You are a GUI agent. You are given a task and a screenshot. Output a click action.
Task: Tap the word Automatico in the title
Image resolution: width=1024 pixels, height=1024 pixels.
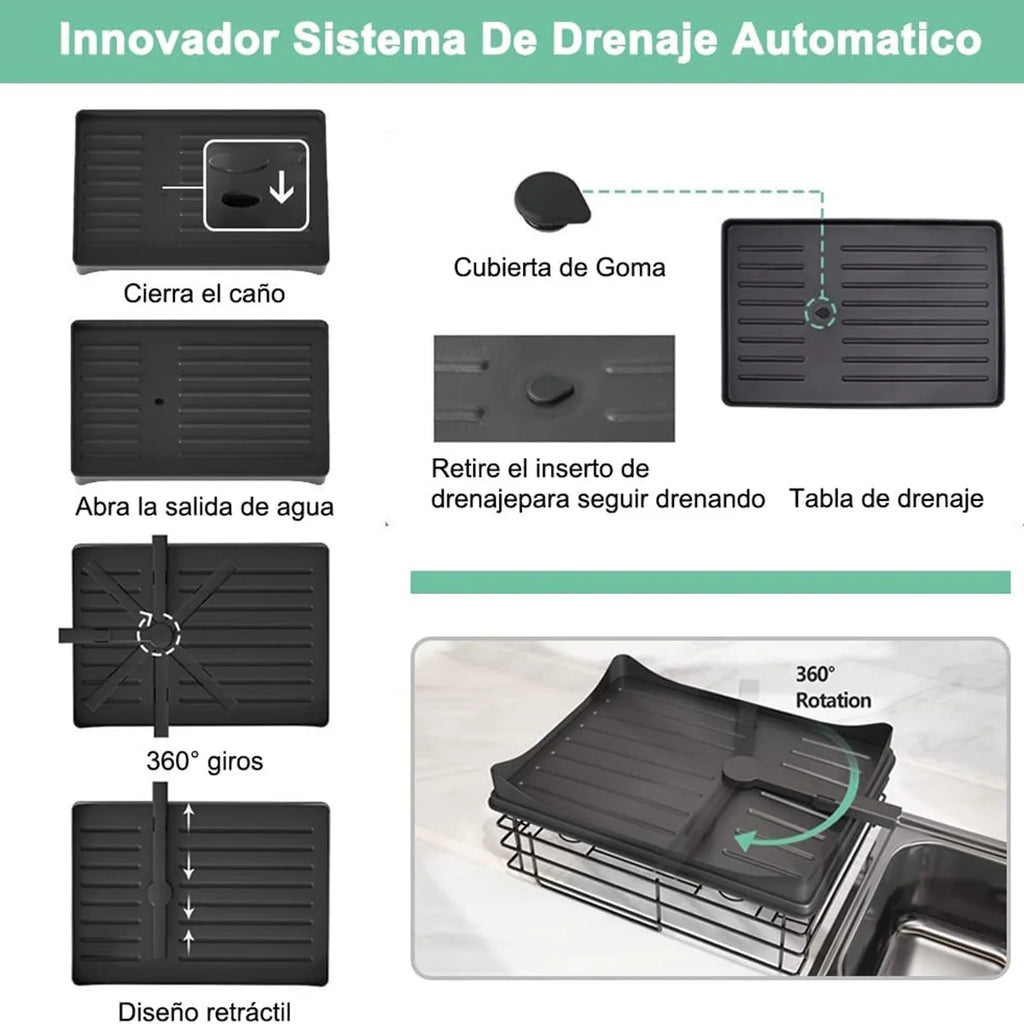coord(856,40)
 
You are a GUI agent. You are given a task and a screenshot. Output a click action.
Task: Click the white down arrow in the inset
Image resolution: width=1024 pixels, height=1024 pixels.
coord(282,187)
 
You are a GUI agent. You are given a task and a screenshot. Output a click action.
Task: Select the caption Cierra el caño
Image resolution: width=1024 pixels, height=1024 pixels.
coord(204,294)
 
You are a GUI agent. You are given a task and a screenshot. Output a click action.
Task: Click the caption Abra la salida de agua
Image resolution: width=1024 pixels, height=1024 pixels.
coord(204,507)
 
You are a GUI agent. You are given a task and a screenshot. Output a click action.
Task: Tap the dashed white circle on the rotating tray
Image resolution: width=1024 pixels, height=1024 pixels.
coord(158,631)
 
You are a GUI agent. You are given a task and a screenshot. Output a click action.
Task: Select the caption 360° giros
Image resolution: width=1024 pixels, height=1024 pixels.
coord(204,761)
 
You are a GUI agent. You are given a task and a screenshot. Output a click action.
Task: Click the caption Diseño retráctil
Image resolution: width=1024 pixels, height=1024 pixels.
coord(204,1011)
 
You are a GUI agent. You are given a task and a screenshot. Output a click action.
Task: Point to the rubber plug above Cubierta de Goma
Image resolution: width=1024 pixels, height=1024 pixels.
coord(549,197)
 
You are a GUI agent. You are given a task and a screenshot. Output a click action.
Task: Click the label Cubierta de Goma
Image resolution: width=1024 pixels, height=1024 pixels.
coord(559,268)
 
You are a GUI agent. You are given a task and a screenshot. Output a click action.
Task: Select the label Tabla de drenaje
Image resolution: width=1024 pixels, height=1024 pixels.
coord(886,498)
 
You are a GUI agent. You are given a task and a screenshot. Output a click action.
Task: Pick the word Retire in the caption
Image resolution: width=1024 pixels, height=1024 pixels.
coord(465,469)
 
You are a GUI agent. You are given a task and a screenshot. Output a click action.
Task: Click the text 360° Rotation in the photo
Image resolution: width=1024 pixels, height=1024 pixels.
coord(833,688)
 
